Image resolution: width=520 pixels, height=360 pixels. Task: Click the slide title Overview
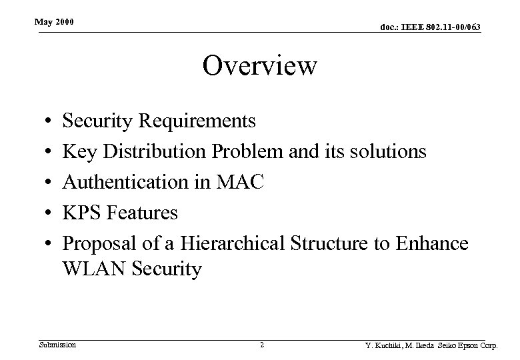point(259,66)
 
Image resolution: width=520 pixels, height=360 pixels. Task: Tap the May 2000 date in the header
point(55,23)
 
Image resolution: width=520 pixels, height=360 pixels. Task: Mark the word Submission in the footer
point(57,345)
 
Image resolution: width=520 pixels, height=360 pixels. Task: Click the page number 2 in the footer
point(262,345)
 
